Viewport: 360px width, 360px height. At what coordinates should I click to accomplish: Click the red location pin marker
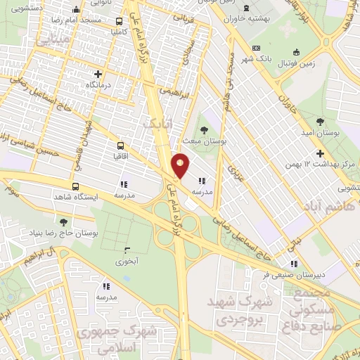tap(181, 166)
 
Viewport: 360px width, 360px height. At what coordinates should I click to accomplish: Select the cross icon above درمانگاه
tap(97, 74)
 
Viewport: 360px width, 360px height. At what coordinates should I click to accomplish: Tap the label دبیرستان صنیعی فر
tap(290, 275)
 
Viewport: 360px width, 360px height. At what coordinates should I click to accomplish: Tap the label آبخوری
tap(127, 261)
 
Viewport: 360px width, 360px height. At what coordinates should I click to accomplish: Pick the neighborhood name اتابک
tap(156, 124)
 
